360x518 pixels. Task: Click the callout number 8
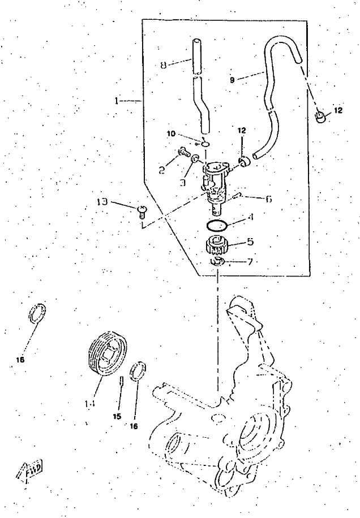click(163, 64)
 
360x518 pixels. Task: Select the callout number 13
click(102, 202)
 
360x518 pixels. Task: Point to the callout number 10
click(172, 134)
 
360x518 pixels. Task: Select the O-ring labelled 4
click(216, 225)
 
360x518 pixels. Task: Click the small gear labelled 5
click(215, 247)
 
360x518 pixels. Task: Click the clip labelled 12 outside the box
click(321, 117)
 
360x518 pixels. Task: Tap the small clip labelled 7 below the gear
click(218, 262)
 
